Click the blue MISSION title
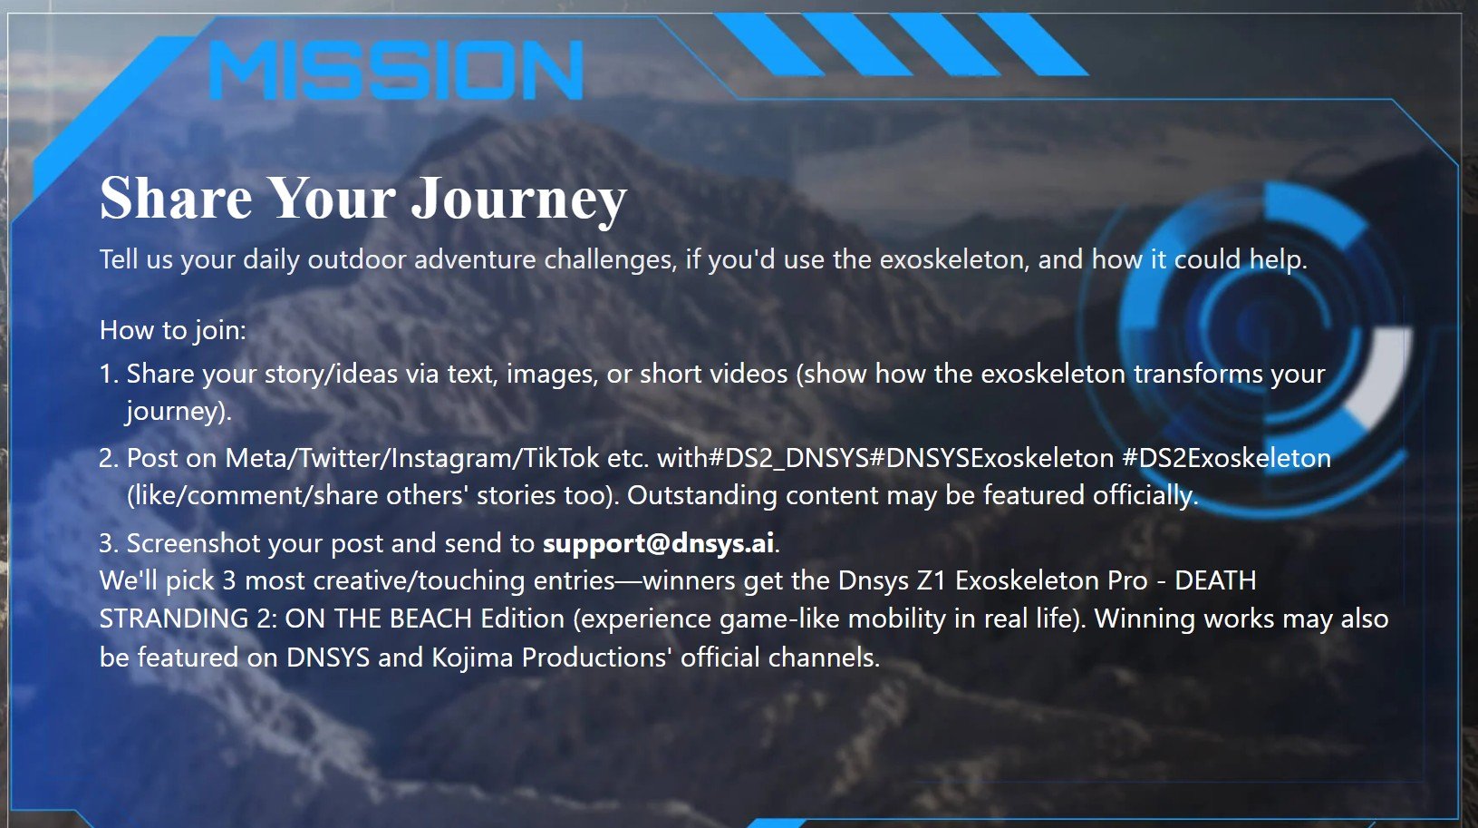click(396, 70)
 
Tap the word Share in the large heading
click(176, 198)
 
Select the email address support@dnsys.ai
click(658, 543)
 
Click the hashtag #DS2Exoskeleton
click(1227, 458)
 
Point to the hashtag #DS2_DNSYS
click(787, 459)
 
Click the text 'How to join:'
click(173, 330)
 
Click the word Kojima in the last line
click(472, 658)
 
